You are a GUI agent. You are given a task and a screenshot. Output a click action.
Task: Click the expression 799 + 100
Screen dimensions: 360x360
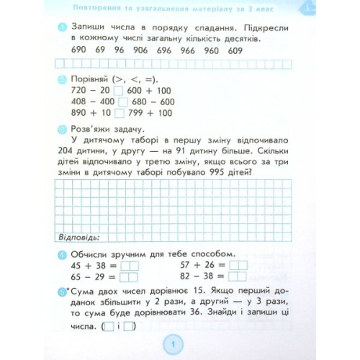tap(145, 113)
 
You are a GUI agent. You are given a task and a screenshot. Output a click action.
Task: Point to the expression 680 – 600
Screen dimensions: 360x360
tap(145, 102)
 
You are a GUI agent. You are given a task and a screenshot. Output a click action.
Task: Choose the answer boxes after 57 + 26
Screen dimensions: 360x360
tap(238, 265)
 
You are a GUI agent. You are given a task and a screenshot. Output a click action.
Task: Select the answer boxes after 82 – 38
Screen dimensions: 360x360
tap(238, 276)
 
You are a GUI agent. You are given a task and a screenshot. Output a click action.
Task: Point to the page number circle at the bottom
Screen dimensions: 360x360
tap(174, 346)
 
